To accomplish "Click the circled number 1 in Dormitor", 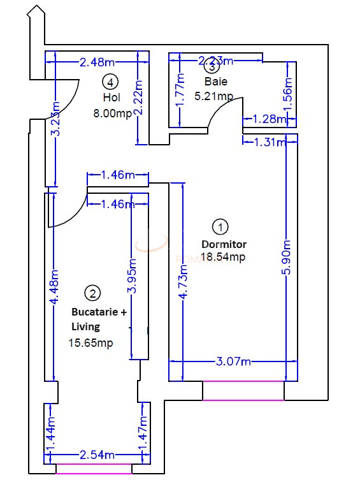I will pos(220,226).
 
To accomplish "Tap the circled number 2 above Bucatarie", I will pos(93,293).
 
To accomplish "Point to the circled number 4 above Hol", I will pos(111,82).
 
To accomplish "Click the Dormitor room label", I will pos(224,244).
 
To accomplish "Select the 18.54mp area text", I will pos(223,257).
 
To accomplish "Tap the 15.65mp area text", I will pos(90,342).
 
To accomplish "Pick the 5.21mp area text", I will pos(213,96).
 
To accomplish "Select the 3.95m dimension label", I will pos(132,275).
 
